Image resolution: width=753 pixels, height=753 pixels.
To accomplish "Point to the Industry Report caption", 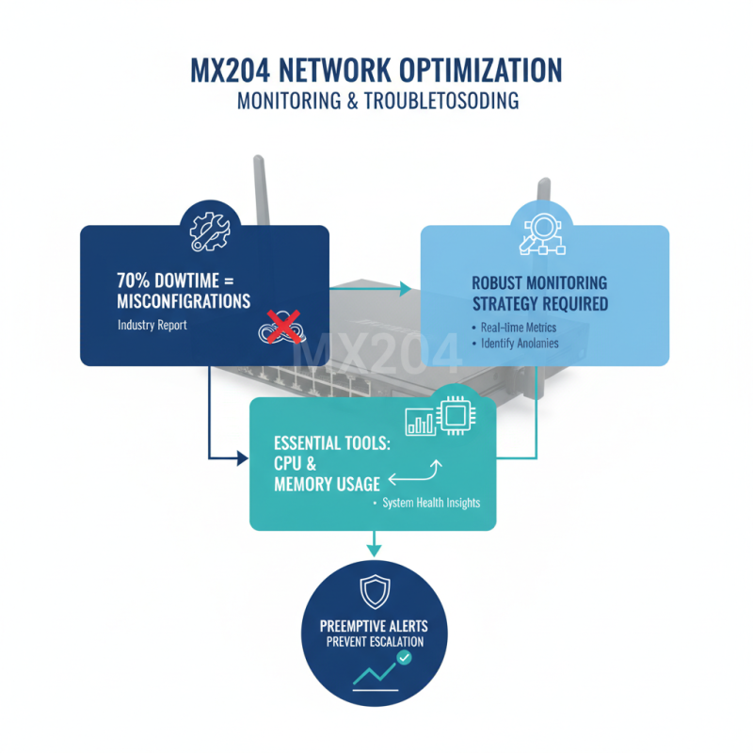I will [152, 325].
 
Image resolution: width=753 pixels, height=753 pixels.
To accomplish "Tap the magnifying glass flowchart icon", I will [544, 232].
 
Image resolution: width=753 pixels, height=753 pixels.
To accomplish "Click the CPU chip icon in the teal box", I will [457, 415].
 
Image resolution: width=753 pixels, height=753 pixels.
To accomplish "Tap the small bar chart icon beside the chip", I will [420, 421].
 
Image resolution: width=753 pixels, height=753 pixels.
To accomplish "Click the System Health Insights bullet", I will [430, 504].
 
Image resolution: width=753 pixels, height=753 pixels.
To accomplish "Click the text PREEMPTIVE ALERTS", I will [374, 626].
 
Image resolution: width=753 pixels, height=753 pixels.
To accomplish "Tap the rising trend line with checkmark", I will [382, 671].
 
